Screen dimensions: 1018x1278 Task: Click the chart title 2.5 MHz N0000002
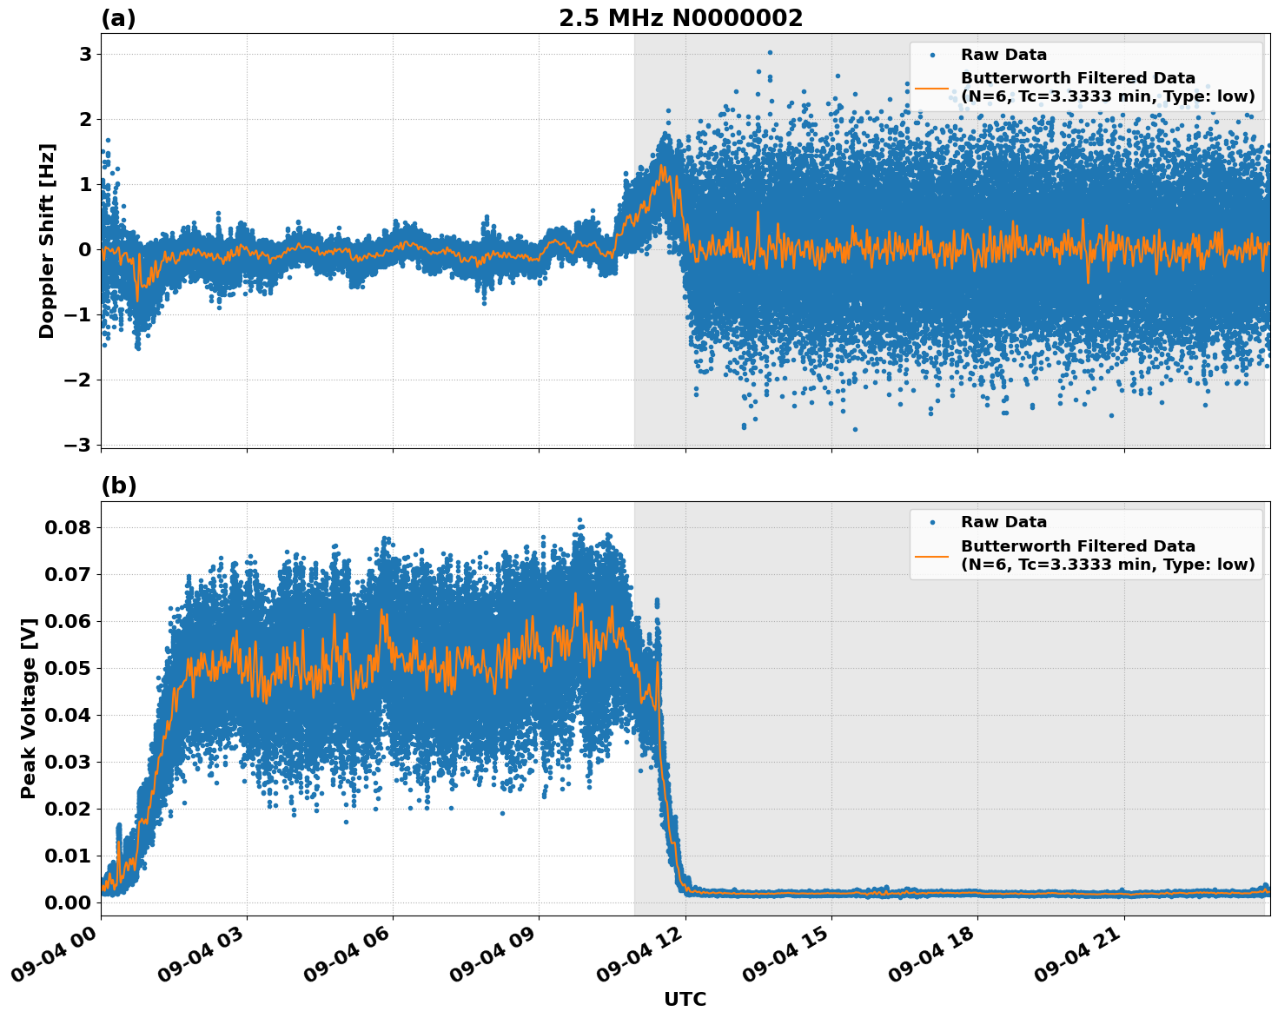[x=680, y=18]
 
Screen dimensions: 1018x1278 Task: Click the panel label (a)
[x=118, y=18]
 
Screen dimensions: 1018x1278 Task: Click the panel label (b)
[x=118, y=486]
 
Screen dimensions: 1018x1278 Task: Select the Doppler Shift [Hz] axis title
[x=47, y=241]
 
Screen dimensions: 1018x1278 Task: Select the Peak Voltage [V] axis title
[x=30, y=708]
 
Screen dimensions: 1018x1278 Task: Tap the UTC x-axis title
[x=685, y=999]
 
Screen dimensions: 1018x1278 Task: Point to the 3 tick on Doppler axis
[x=86, y=54]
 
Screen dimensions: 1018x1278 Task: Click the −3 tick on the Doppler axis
[x=80, y=445]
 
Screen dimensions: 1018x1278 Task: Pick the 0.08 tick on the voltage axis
[x=67, y=527]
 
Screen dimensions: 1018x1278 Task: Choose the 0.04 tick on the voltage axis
[x=67, y=715]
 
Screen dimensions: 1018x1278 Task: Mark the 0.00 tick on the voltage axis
[x=67, y=902]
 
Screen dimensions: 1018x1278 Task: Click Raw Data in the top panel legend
[x=1003, y=55]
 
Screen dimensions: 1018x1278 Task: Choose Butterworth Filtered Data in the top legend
[x=1077, y=79]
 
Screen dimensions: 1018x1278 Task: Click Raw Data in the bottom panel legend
[x=1003, y=522]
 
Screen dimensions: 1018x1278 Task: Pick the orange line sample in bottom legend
[x=932, y=555]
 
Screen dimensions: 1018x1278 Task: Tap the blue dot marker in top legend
[x=932, y=55]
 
